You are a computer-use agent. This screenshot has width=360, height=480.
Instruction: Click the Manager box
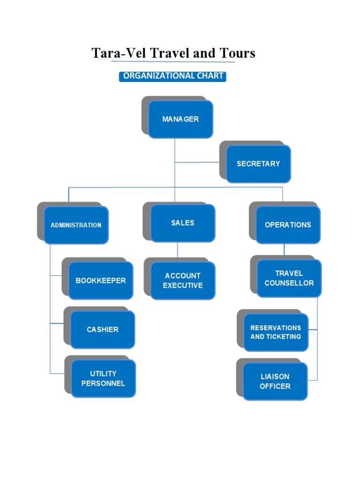(180, 119)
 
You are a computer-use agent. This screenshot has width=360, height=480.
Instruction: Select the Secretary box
(258, 164)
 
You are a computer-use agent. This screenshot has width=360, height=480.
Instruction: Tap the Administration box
(76, 225)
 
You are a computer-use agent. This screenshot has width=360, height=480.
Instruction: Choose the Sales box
(182, 223)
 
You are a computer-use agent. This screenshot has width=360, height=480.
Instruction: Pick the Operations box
(288, 225)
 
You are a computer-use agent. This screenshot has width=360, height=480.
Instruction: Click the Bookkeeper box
(101, 280)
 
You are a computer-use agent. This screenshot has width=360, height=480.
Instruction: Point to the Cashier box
(103, 330)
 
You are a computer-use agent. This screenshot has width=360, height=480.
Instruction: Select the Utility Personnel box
(103, 378)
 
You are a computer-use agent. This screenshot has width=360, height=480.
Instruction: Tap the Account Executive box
(182, 280)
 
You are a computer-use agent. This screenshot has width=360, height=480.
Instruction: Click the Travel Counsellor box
(289, 278)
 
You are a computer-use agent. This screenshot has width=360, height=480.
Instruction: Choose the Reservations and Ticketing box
(276, 332)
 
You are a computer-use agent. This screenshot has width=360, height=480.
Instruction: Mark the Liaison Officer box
(275, 381)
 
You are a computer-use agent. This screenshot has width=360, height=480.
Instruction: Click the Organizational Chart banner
(172, 76)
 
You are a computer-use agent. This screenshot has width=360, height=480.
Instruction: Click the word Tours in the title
(237, 53)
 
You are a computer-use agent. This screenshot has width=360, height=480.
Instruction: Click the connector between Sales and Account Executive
(178, 250)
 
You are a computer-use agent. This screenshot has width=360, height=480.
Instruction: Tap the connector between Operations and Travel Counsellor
(284, 250)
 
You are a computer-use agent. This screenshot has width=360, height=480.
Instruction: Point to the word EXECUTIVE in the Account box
(183, 285)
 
